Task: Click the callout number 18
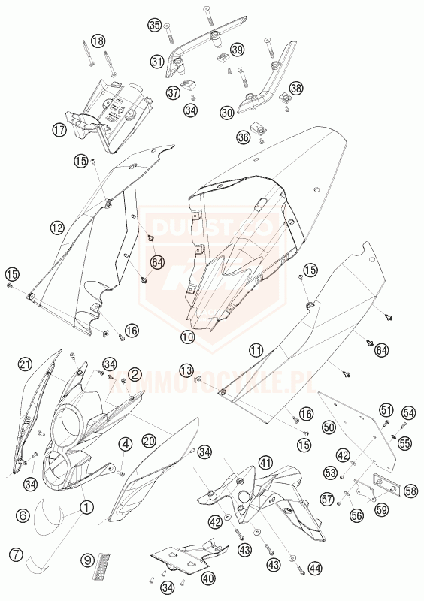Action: [98, 41]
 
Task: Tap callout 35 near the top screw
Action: [155, 26]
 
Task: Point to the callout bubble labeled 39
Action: [238, 50]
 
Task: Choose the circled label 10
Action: [187, 339]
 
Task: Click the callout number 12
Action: [57, 226]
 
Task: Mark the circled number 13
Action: [186, 370]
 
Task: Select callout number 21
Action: [25, 365]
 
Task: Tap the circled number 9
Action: [87, 560]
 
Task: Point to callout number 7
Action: [14, 556]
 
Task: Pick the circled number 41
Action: [265, 463]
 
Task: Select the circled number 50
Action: [328, 427]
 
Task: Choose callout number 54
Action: [408, 413]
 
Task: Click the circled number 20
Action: [149, 440]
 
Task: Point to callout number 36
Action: [244, 137]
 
